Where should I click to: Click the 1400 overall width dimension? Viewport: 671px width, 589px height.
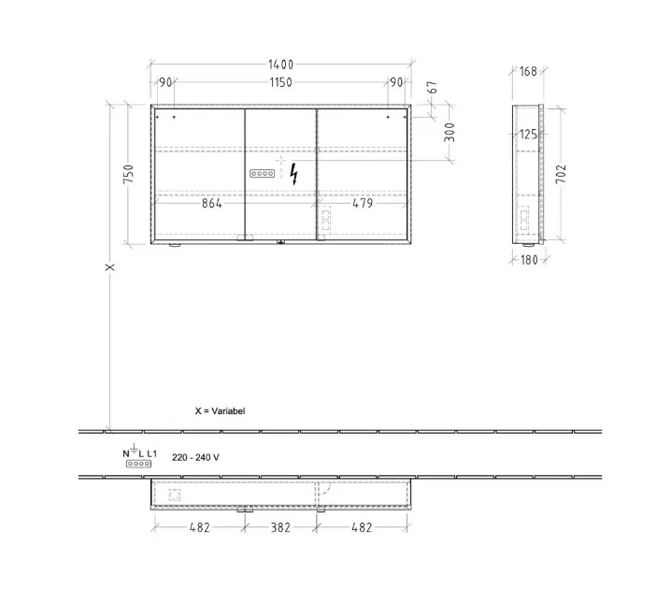tap(280, 65)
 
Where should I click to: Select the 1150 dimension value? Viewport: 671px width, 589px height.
tap(280, 82)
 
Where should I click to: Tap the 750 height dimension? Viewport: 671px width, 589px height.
tap(128, 174)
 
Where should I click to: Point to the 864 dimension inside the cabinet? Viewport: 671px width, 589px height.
tap(212, 203)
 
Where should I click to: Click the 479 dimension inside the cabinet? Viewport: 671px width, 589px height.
tap(363, 203)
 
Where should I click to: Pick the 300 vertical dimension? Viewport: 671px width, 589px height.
tap(450, 132)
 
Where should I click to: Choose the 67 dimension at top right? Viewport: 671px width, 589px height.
tap(433, 87)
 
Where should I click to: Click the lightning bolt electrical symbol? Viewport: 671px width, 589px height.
tap(293, 174)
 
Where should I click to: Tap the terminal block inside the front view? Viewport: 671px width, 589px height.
tap(263, 173)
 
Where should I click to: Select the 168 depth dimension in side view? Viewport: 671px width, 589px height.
tap(528, 71)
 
